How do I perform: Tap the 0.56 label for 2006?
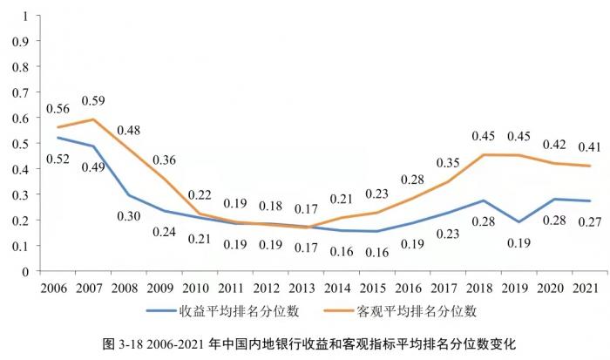coord(57,109)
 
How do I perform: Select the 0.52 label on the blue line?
coord(57,159)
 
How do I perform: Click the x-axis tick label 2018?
coord(484,287)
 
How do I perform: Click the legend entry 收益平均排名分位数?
coord(209,309)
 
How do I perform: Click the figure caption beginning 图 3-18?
coord(304,343)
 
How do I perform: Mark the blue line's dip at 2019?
coord(518,222)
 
